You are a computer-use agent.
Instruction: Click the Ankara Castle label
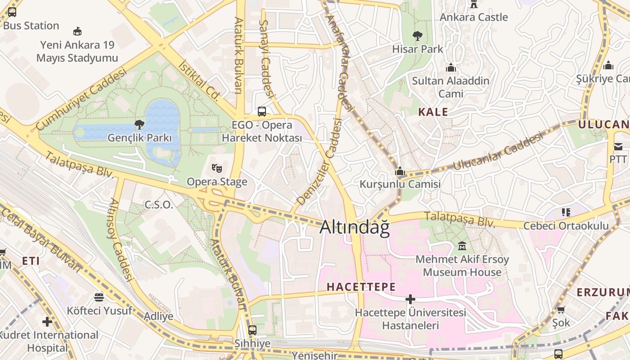pos(473,17)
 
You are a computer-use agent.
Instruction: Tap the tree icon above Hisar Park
pos(418,36)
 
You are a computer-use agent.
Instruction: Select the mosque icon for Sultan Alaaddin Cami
pos(450,68)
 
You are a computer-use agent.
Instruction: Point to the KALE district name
pos(433,112)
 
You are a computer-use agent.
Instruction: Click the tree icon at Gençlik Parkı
pos(139,125)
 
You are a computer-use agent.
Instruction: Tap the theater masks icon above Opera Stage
pos(217,169)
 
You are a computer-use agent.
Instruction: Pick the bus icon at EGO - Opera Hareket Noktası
pos(261,112)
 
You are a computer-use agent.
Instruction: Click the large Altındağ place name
pos(354,227)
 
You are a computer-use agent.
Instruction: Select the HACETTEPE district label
pos(361,287)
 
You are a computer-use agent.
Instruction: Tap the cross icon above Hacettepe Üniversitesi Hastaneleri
pos(410,299)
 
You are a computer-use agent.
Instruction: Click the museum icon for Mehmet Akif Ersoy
pos(462,246)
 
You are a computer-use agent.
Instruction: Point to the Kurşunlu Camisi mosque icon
pos(400,171)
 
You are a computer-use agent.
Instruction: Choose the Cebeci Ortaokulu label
pos(566,226)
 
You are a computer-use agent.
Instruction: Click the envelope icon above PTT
pos(618,147)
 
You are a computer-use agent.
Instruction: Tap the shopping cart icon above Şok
pos(561,310)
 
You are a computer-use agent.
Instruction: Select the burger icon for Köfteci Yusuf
pos(99,297)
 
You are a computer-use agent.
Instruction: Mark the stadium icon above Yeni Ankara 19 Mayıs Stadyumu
pos(77,31)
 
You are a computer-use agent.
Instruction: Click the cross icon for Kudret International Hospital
pos(47,321)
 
